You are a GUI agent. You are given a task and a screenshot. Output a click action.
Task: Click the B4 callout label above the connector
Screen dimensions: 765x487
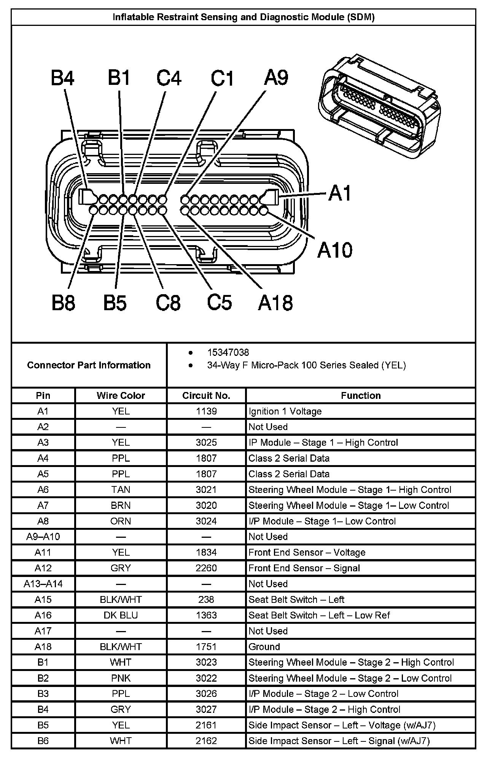pos(63,78)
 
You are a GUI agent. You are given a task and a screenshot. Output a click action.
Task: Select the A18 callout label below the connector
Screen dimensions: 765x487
pos(275,303)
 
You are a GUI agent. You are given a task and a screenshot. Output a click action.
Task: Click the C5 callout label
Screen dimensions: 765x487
pos(220,303)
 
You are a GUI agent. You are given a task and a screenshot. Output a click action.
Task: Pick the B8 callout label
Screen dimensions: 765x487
pos(64,303)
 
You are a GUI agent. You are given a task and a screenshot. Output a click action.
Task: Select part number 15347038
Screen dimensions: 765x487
pos(228,352)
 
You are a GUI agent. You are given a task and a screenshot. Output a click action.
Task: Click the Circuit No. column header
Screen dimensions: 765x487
pos(206,395)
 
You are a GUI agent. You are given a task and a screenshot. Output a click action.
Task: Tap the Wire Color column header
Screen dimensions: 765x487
pos(121,395)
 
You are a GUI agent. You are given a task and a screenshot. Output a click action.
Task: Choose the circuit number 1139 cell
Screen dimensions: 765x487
pos(206,411)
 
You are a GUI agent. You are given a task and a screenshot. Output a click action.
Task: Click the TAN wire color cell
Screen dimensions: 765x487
pos(121,489)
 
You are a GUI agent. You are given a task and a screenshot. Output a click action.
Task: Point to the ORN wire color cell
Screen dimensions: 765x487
pos(121,521)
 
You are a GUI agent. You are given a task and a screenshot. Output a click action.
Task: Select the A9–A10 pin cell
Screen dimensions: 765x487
pos(43,537)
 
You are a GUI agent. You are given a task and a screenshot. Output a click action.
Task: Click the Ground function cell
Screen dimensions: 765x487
pos(264,647)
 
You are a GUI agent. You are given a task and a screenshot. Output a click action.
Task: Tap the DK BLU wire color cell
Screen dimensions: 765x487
pos(121,615)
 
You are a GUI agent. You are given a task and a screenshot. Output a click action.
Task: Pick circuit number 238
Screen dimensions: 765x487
pos(206,599)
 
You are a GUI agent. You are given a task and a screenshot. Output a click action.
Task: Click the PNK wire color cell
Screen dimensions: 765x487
pos(121,678)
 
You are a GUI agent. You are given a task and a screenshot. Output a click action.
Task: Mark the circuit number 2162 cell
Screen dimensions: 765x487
pos(206,741)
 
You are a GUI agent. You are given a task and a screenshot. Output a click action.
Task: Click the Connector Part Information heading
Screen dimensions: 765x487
pos(89,365)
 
